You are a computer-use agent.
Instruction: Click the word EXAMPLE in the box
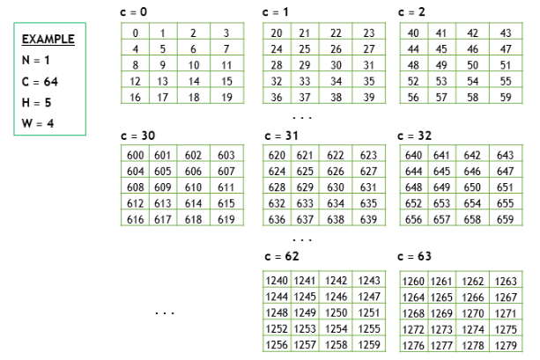coord(48,40)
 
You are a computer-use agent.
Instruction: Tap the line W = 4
coord(37,122)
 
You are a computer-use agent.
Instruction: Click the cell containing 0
coord(135,33)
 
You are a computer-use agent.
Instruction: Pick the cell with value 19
coord(226,98)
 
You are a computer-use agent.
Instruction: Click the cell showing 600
coord(136,155)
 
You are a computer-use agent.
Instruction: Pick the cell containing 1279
coord(506,345)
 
